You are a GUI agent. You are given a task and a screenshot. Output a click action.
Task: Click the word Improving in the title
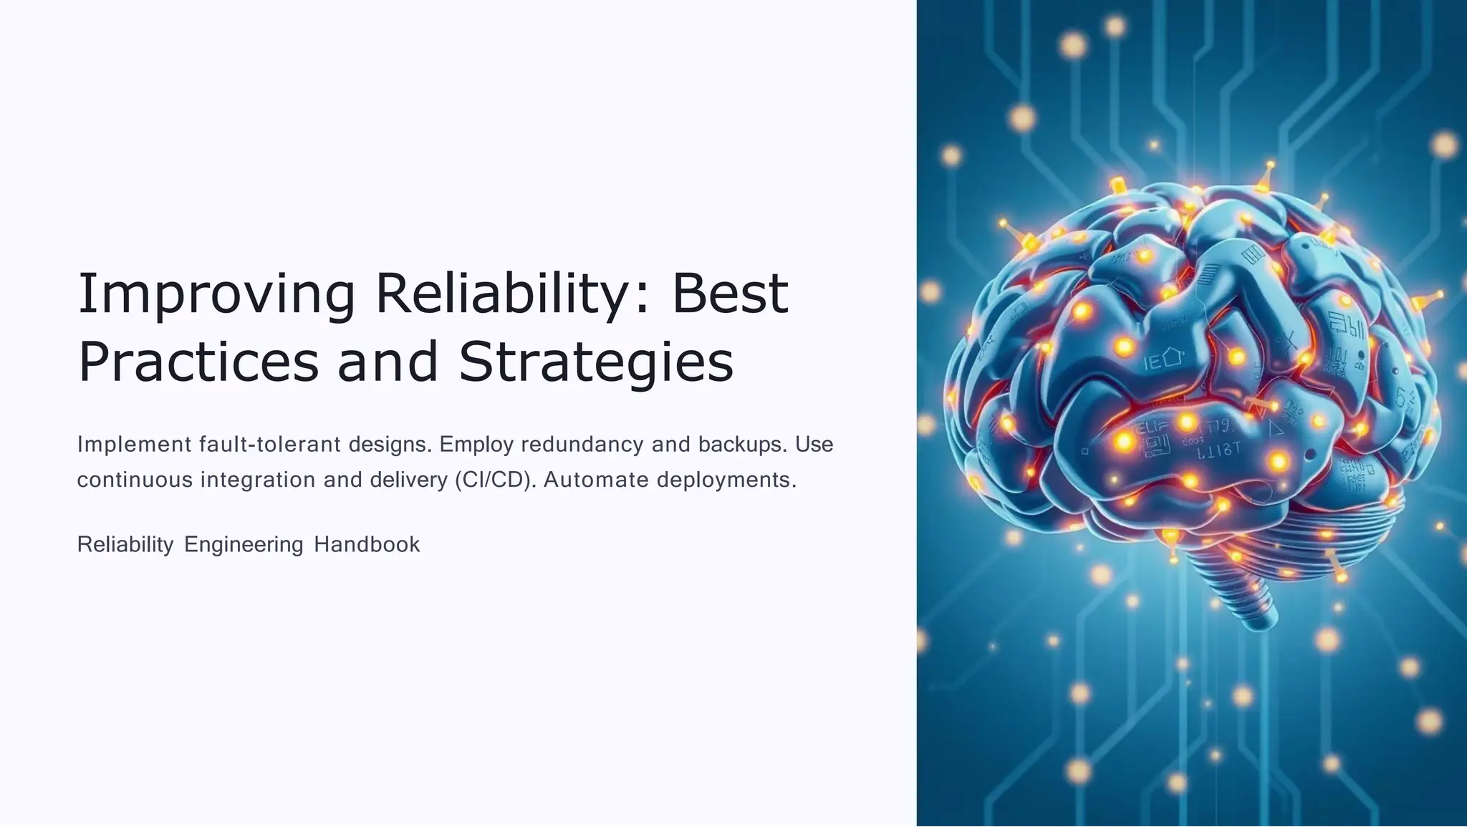[x=216, y=295]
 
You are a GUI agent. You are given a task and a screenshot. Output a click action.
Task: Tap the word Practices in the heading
[x=198, y=362]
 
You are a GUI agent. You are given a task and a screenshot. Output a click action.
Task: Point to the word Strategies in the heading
[x=596, y=364]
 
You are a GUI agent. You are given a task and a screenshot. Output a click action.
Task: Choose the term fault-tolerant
[x=270, y=445]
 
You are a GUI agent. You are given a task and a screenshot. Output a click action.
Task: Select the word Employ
[x=476, y=445]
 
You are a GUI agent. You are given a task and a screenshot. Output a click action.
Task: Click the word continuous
[x=135, y=480]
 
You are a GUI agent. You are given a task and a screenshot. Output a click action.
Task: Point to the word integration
[x=258, y=480]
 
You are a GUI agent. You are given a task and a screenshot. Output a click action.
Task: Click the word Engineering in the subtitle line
[x=244, y=545]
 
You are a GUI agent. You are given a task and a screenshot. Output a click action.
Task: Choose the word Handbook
[x=367, y=545]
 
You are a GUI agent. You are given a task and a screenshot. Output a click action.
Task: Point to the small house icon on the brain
[x=1170, y=357]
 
